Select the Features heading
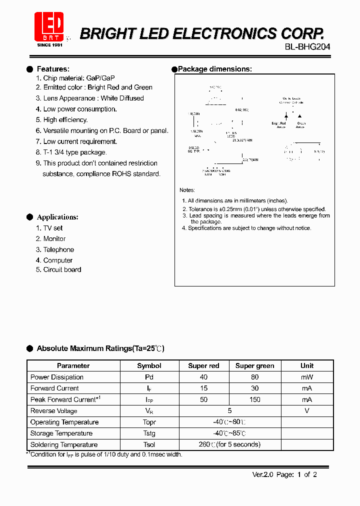pyautogui.click(x=53, y=69)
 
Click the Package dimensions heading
pyautogui.click(x=214, y=69)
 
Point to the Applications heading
pyautogui.click(x=57, y=217)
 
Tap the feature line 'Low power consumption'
pyautogui.click(x=80, y=109)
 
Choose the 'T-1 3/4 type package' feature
pyautogui.click(x=75, y=152)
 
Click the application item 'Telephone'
pyautogui.click(x=58, y=249)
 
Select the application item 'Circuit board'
pyautogui.click(x=62, y=270)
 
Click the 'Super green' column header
pyautogui.click(x=254, y=366)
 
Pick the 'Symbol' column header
pyautogui.click(x=149, y=366)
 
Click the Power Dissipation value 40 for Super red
pyautogui.click(x=203, y=377)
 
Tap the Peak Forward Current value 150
pyautogui.click(x=254, y=399)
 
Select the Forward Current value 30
pyautogui.click(x=254, y=388)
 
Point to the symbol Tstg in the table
pyautogui.click(x=149, y=433)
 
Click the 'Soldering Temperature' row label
pyautogui.click(x=64, y=444)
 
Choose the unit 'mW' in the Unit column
pyautogui.click(x=307, y=377)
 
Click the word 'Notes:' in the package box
pyautogui.click(x=187, y=190)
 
